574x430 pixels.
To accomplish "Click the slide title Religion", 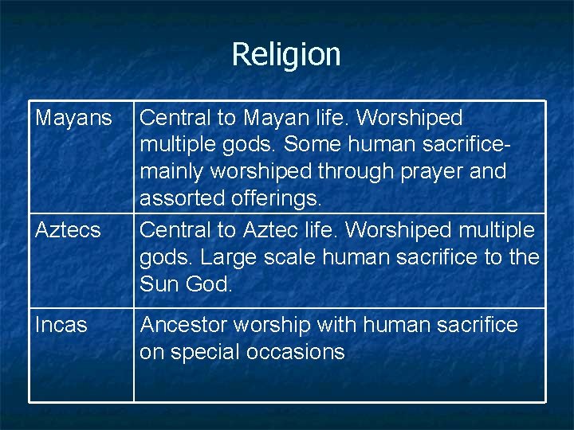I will coord(286,54).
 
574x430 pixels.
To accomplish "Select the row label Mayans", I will coord(74,119).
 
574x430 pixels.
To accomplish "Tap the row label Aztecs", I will coord(68,231).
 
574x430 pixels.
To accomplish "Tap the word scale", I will coord(301,258).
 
